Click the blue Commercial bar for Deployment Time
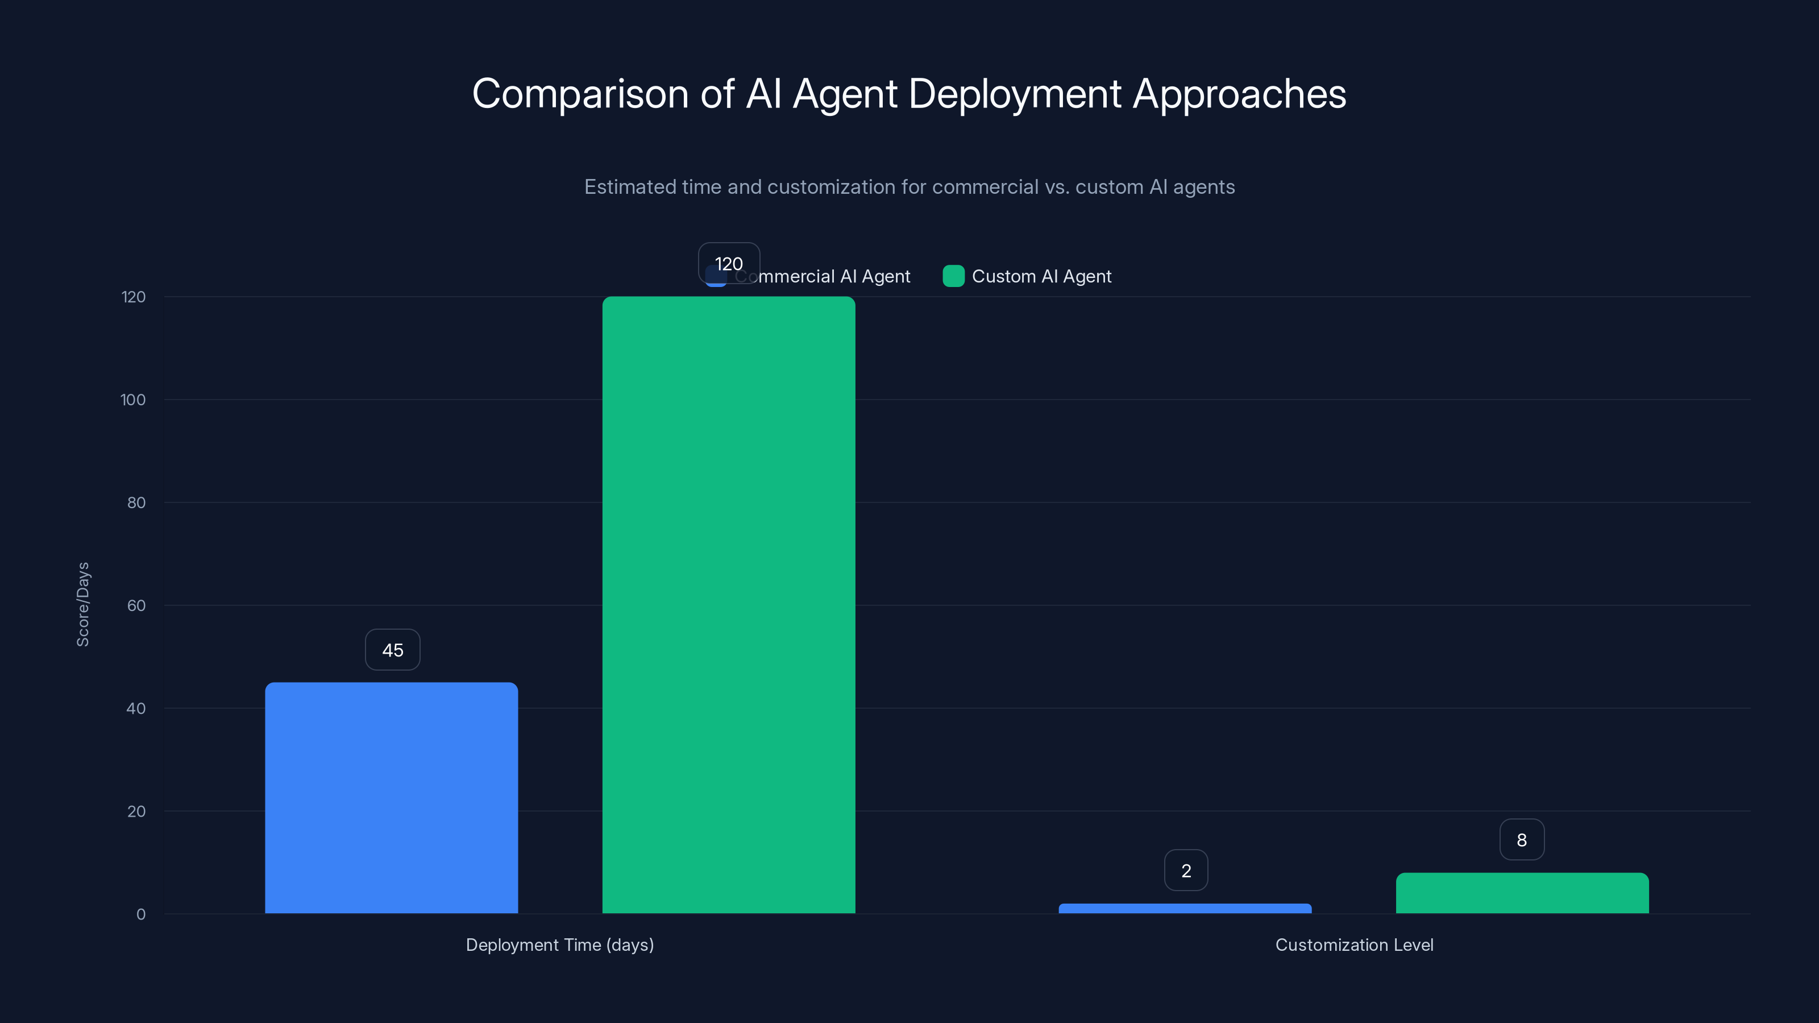coord(391,798)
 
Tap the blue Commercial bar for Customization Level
coord(1185,908)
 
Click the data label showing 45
coord(393,650)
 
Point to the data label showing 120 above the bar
coord(729,263)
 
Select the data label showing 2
coord(1186,871)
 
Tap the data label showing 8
coord(1522,839)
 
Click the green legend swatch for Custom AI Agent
coord(953,276)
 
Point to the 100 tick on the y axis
coord(133,400)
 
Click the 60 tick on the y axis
coord(136,605)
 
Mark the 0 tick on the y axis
coord(140,914)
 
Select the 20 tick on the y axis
coord(136,811)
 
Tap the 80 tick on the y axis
coord(136,502)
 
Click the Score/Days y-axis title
coord(82,604)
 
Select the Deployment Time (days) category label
coord(559,945)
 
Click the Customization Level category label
coord(1353,945)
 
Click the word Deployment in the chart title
coord(1015,94)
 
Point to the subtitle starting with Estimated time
coord(909,187)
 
